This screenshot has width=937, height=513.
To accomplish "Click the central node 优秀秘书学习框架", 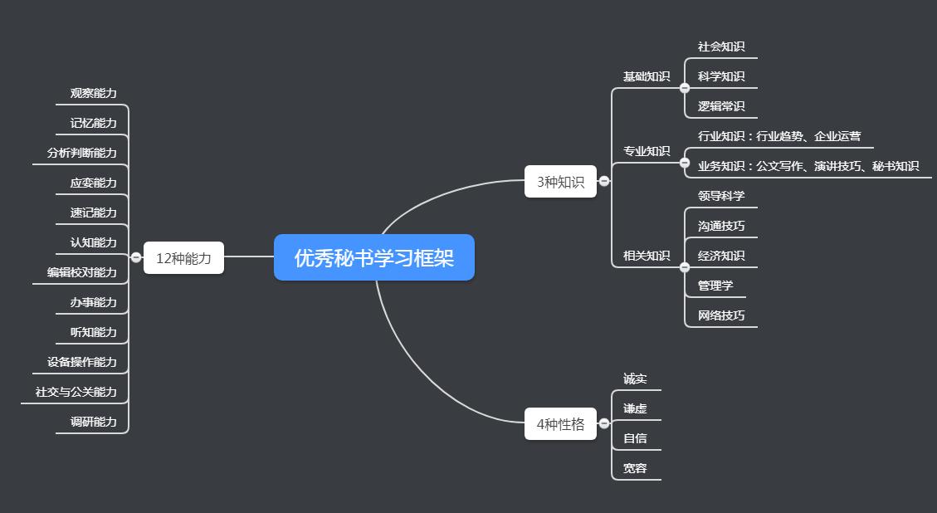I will (x=374, y=257).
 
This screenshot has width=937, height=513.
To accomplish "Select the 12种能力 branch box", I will (x=183, y=258).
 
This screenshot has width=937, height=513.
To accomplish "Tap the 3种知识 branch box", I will (x=560, y=182).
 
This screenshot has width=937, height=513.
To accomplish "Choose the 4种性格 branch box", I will (x=560, y=424).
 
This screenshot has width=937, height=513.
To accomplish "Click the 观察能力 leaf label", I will (x=93, y=93).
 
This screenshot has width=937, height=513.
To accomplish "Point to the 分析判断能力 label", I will (x=81, y=153).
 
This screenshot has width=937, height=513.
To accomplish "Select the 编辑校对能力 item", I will (x=81, y=272).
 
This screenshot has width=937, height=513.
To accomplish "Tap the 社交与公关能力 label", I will (x=76, y=392).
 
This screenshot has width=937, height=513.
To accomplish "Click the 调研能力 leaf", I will (x=93, y=422).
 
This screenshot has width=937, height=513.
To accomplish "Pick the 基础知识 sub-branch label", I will (x=647, y=76).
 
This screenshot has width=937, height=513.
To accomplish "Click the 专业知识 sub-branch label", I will (x=647, y=151).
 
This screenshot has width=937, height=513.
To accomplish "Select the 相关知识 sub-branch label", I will (x=647, y=256).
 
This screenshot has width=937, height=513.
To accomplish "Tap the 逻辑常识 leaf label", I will (x=721, y=106).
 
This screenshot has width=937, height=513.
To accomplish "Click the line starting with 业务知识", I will (x=808, y=166).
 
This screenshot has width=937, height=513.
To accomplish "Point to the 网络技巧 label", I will (x=721, y=315).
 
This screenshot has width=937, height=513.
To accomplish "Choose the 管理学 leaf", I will (x=715, y=286).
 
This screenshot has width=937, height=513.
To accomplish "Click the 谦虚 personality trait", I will (x=635, y=408).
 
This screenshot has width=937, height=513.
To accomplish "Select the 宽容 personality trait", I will (x=635, y=468).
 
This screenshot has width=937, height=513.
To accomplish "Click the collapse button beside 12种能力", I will (x=136, y=257).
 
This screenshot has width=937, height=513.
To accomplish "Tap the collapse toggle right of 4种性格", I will (x=604, y=423).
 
